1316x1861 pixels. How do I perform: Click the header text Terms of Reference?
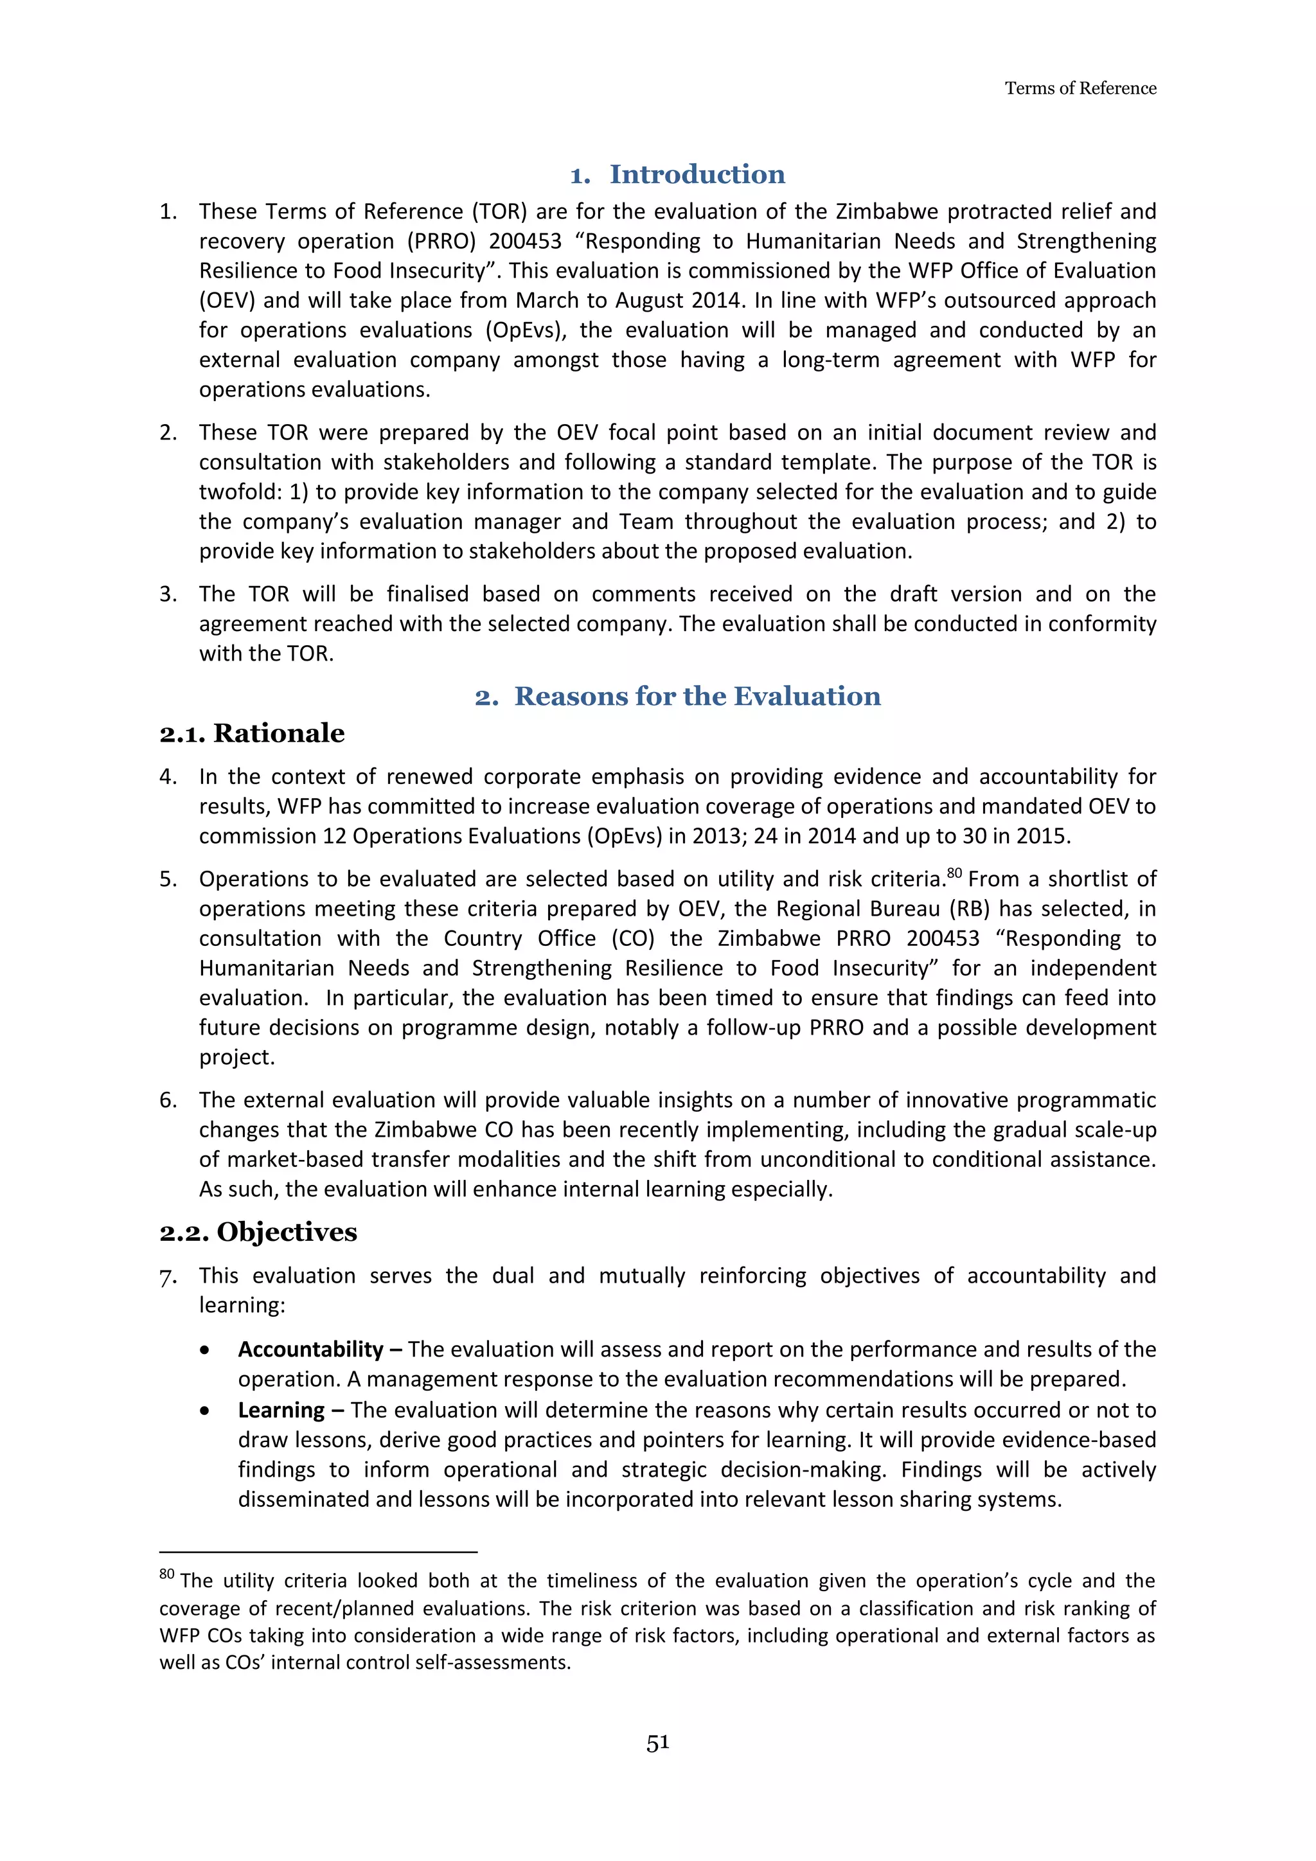1080,88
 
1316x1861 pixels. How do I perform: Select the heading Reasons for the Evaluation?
697,696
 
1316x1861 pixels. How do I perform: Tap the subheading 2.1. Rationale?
251,733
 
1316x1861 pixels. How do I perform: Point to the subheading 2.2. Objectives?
258,1232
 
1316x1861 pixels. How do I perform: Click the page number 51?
657,1743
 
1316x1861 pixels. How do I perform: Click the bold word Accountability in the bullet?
310,1349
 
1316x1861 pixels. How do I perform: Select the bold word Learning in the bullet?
281,1411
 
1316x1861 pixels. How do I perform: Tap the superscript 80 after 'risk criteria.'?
954,873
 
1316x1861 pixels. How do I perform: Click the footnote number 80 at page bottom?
167,1574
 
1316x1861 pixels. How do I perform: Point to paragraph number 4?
167,776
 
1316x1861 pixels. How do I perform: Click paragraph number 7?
167,1277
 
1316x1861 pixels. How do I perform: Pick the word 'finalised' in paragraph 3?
427,594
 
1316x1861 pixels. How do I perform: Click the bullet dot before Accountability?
205,1350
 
